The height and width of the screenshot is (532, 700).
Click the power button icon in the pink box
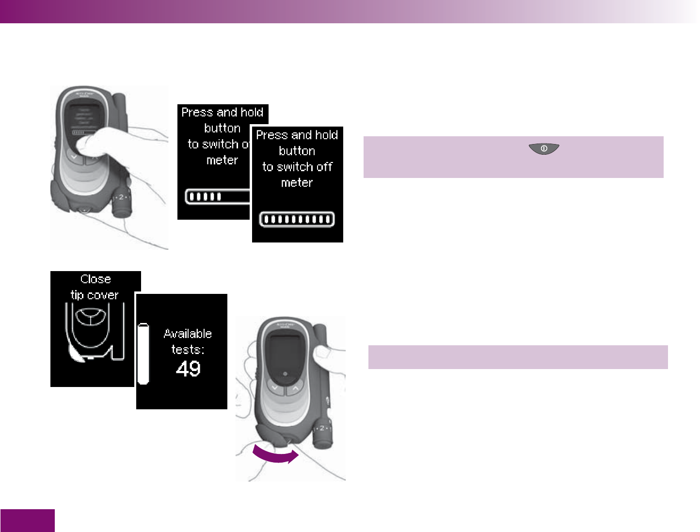click(x=544, y=149)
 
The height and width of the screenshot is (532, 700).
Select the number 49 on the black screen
click(x=188, y=369)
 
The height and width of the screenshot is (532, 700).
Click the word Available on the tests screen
click(x=188, y=334)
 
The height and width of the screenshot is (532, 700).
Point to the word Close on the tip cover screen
click(x=95, y=279)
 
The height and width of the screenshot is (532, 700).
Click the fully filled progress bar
click(x=297, y=219)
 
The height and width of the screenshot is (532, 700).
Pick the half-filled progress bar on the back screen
click(x=217, y=196)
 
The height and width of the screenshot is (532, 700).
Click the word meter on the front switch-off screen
click(x=297, y=183)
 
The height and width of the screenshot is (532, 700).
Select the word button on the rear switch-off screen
click(x=223, y=129)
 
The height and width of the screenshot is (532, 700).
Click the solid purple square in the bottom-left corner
click(x=27, y=520)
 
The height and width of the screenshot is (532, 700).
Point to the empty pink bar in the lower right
click(x=518, y=357)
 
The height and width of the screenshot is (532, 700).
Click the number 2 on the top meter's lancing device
click(x=121, y=197)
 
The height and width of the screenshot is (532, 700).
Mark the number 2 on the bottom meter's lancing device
click(x=322, y=428)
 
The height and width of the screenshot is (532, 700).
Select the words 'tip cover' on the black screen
click(x=95, y=295)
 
